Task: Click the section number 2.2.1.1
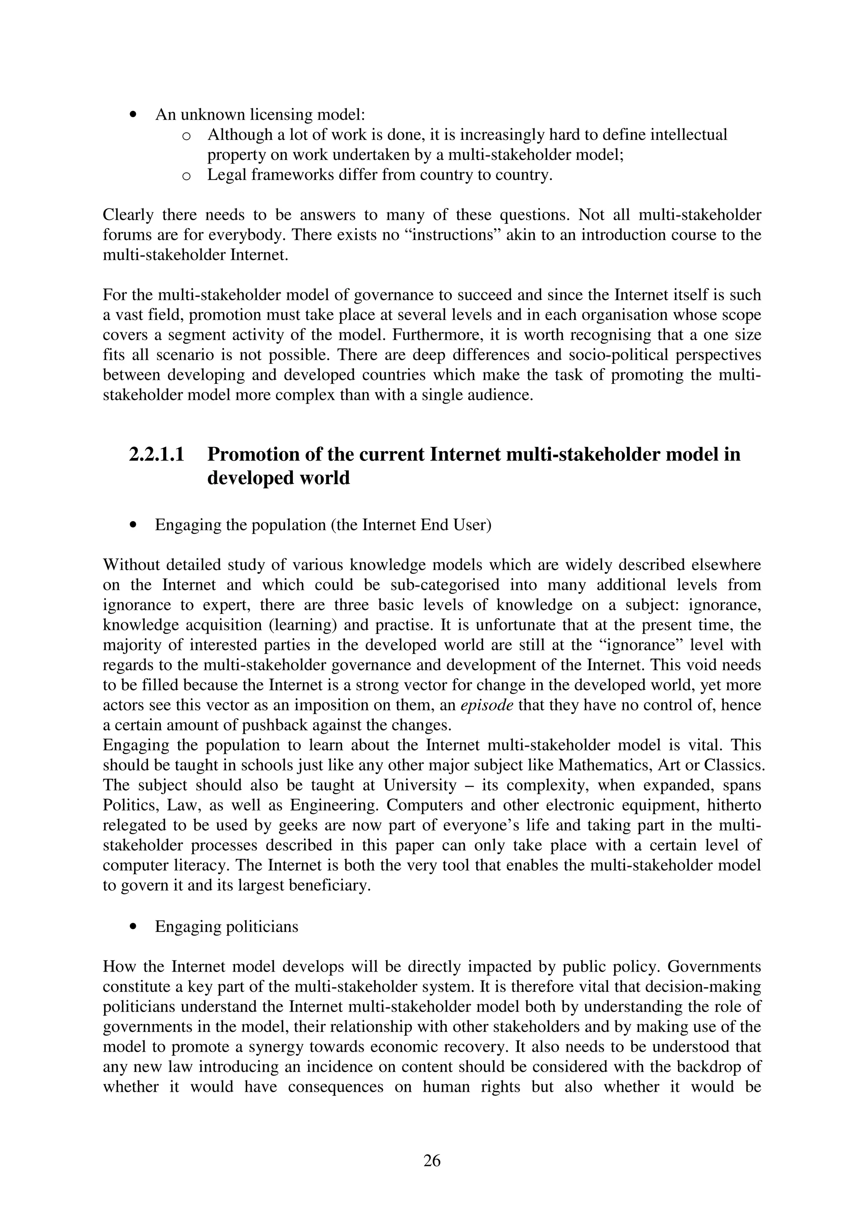coord(157,455)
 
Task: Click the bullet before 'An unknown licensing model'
coord(133,115)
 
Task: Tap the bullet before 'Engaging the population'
coord(133,525)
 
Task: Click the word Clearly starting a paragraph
coord(128,215)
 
